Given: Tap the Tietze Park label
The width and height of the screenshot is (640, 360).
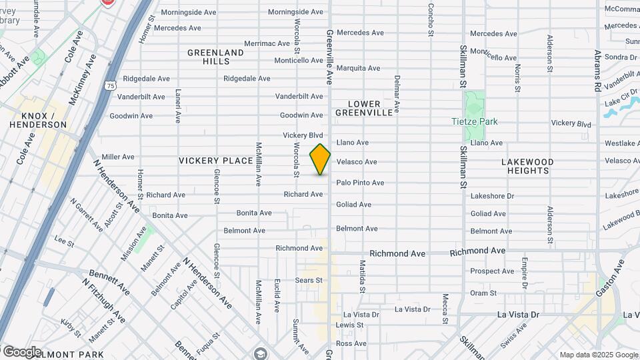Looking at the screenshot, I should point(474,121).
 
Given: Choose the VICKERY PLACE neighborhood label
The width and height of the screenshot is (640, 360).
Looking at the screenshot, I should point(215,161).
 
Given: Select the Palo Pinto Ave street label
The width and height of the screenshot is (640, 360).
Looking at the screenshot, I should point(360,183).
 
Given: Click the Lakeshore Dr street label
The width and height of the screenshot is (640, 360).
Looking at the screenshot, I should point(492,196).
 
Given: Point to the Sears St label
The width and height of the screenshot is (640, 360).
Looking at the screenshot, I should point(309,281).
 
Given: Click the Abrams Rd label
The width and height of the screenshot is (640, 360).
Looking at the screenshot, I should point(598,69).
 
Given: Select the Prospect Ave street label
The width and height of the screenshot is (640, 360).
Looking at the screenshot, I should point(492,271).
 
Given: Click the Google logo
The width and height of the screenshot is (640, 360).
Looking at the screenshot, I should point(21,351).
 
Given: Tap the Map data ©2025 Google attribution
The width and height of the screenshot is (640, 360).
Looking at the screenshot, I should point(598,355).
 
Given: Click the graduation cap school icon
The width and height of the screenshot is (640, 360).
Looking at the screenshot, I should point(260,353).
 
